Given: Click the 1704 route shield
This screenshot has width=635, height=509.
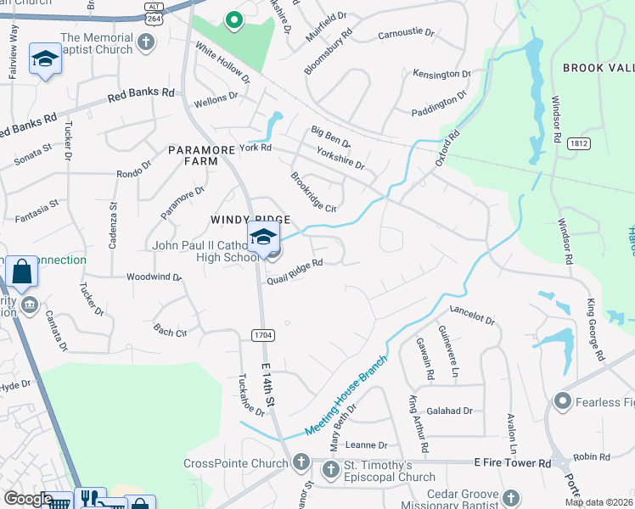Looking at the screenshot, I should point(262,336).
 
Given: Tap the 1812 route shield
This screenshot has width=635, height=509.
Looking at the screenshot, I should point(580,144).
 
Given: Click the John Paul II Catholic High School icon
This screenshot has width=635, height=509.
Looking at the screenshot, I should point(263,237).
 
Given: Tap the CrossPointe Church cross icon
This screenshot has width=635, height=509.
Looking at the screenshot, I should point(301,463).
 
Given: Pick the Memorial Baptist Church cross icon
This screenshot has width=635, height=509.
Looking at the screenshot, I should point(147,43).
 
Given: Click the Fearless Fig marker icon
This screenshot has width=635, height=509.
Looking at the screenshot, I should point(561,400).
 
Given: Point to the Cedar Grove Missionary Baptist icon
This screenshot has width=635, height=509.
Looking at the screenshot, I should point(510,497).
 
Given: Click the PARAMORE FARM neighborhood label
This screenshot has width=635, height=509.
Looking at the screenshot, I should point(200,155).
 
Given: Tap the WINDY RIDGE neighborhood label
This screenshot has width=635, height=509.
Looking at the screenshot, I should point(245,220).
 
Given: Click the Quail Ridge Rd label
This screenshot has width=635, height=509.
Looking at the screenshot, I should point(295,272).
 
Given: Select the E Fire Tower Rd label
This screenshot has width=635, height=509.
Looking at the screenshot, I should point(512,462).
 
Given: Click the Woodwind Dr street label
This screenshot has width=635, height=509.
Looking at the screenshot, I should point(154,277).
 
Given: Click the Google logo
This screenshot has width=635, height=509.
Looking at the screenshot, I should point(28,499).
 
